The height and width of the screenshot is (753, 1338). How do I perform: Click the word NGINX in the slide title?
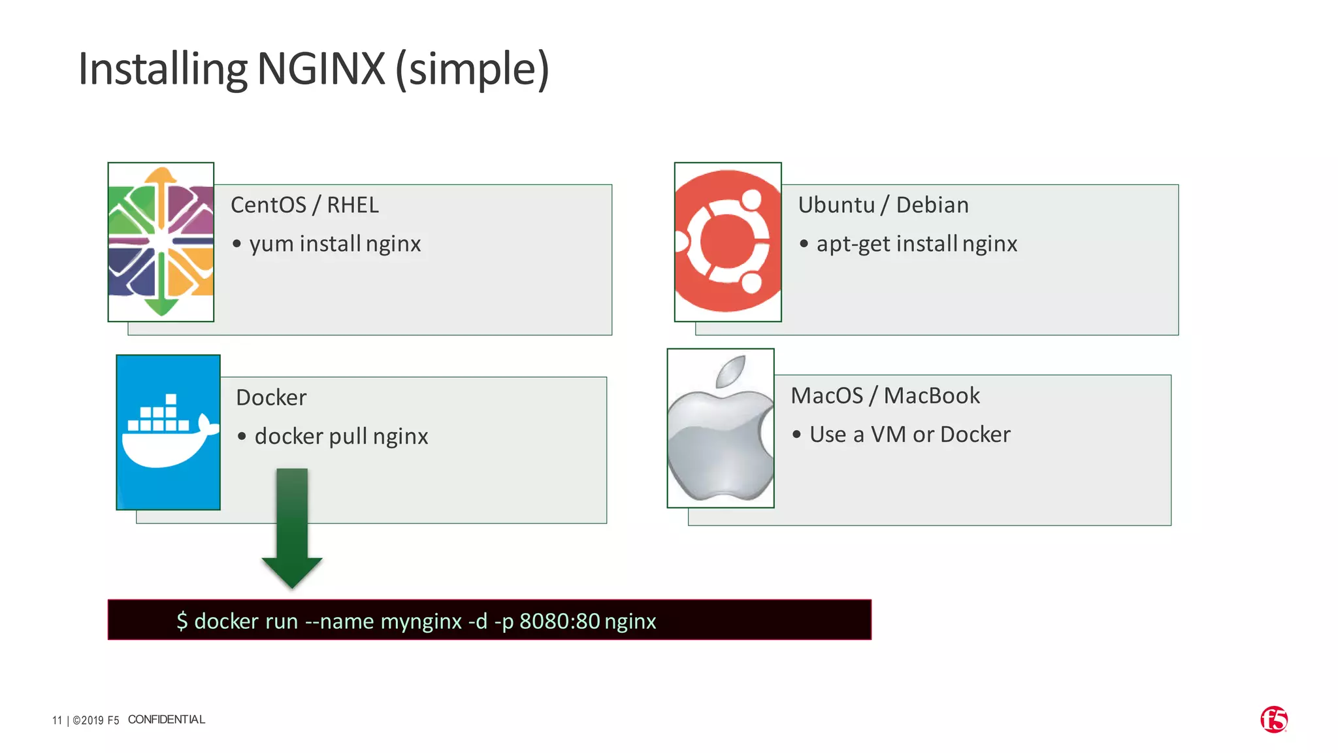tap(321, 69)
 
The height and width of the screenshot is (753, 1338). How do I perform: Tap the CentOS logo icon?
tap(161, 242)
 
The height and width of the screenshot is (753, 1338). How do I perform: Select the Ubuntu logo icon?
tap(728, 242)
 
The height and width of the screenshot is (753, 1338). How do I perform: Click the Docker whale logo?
tap(169, 432)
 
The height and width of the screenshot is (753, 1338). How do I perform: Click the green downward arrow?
tap(292, 527)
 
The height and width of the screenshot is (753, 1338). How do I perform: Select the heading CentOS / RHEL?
tap(304, 205)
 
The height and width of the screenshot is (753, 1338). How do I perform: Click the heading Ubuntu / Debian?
tap(883, 205)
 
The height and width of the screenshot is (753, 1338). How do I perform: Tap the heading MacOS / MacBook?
tap(885, 396)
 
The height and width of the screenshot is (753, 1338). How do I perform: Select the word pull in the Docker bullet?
tap(348, 437)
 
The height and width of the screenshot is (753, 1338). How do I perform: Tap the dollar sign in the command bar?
tap(182, 621)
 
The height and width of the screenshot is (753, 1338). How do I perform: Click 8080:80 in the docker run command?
tap(560, 621)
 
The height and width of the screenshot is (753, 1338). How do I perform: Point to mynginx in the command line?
tap(421, 621)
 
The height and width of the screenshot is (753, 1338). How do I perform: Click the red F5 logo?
tap(1274, 720)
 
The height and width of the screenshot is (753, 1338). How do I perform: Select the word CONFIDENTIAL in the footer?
tap(167, 720)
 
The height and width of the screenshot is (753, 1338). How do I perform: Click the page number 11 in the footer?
tap(57, 720)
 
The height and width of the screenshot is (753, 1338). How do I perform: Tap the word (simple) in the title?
tap(472, 69)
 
